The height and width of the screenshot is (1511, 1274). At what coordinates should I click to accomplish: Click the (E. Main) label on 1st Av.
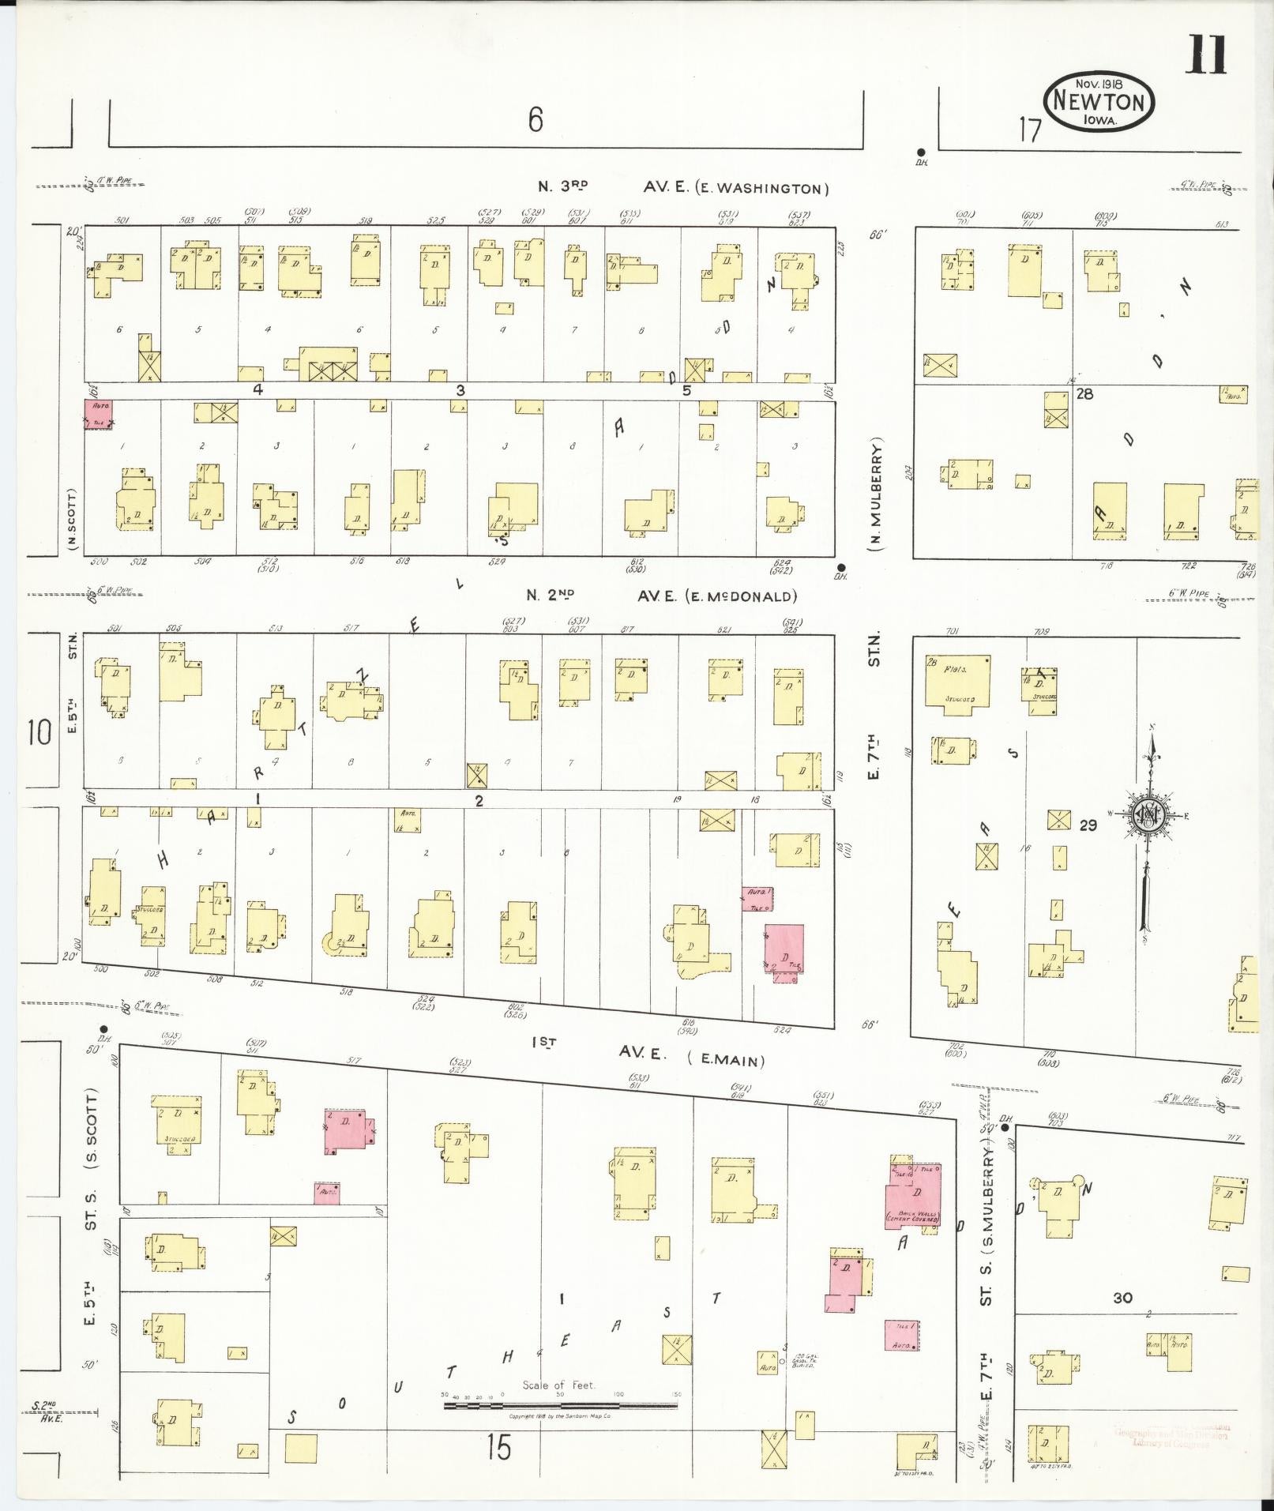point(726,1059)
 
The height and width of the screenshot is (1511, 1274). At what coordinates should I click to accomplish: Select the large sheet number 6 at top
point(536,120)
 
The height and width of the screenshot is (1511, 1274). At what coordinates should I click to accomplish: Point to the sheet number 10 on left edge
point(38,732)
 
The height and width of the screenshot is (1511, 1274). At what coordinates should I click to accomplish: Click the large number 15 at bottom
point(498,1447)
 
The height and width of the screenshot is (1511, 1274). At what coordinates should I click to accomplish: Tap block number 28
point(1084,393)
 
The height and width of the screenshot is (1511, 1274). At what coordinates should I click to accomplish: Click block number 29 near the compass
point(1088,825)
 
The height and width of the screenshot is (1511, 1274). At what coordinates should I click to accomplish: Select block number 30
point(1122,1298)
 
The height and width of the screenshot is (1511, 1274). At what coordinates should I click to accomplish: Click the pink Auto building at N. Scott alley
point(99,414)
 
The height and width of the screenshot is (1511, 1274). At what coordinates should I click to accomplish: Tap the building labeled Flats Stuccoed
point(957,684)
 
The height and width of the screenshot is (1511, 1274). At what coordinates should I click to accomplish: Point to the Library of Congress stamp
point(1171,1437)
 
